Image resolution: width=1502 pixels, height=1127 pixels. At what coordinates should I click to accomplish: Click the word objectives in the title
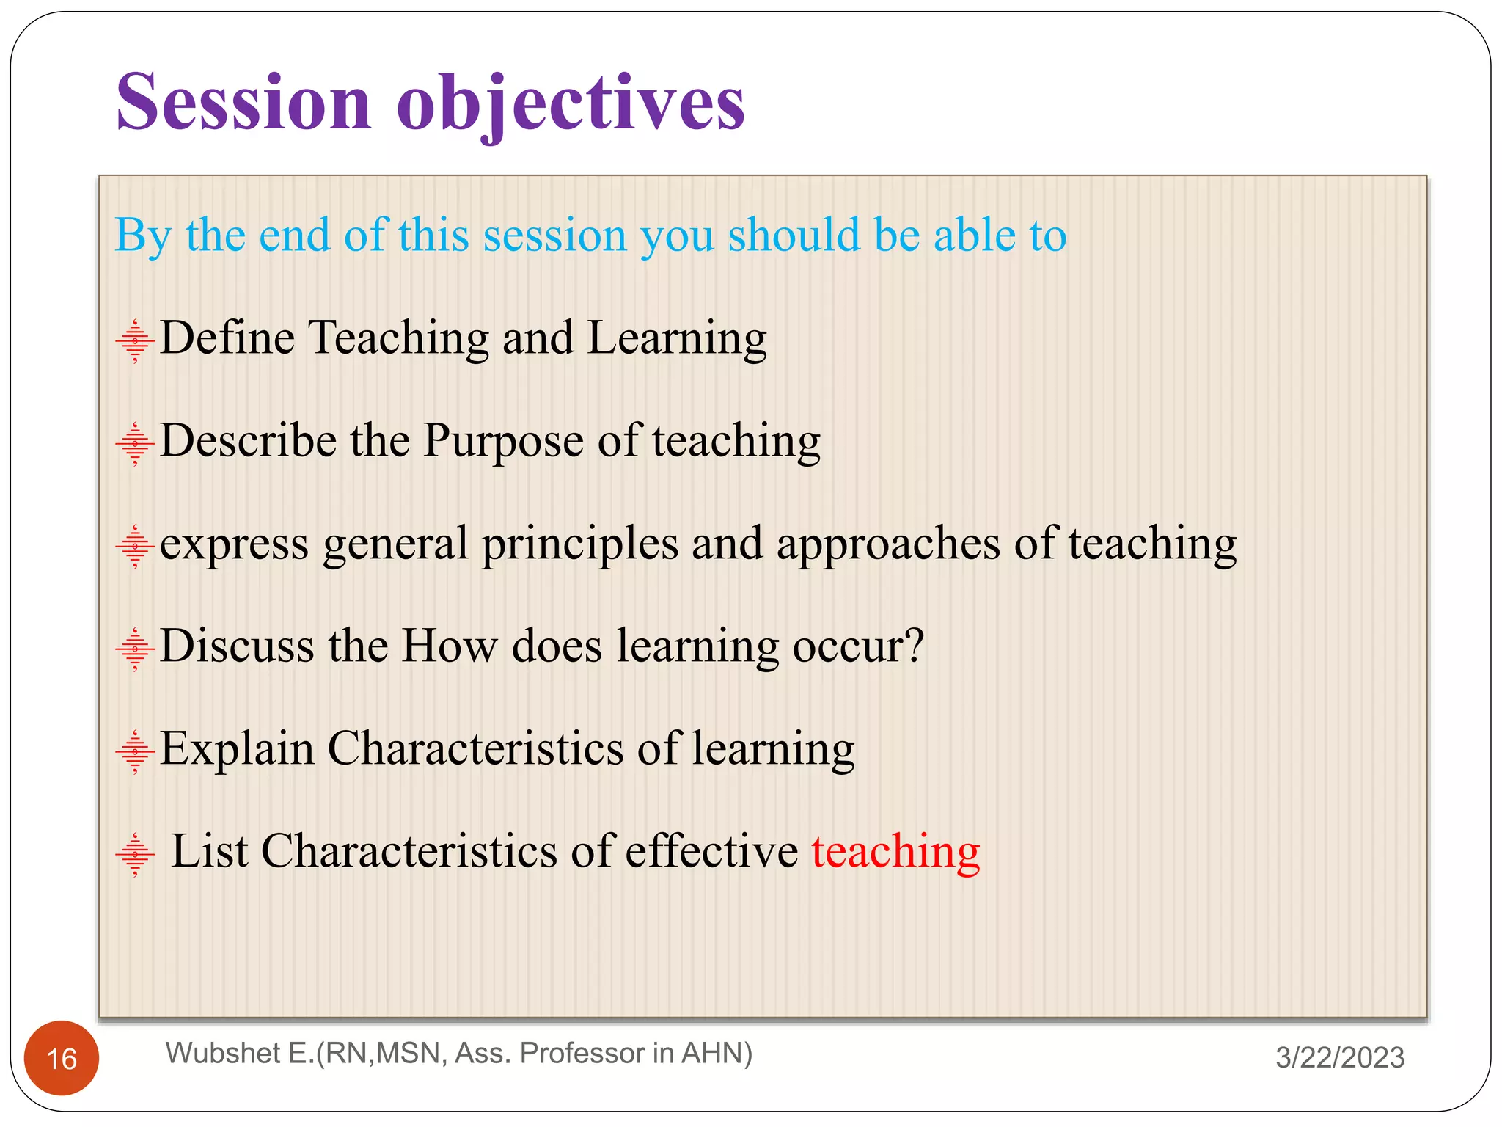click(570, 103)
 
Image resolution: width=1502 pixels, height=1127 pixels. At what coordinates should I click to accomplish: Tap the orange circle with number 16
click(62, 1057)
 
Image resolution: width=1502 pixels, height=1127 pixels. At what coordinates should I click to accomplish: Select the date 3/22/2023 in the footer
click(1339, 1057)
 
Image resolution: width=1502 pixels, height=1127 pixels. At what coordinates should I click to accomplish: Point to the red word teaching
click(895, 852)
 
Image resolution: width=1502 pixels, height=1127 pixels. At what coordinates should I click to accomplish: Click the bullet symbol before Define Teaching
click(135, 340)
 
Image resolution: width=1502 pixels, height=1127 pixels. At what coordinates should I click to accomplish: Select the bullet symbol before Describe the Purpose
click(135, 443)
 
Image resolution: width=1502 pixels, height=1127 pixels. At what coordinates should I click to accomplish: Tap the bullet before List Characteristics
click(135, 854)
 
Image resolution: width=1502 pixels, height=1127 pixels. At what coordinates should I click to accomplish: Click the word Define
click(227, 338)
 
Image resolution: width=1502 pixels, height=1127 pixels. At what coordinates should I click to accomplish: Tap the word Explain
click(237, 750)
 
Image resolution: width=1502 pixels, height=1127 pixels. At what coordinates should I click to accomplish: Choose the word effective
click(711, 852)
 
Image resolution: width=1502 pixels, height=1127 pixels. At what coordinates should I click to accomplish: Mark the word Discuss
click(237, 646)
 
